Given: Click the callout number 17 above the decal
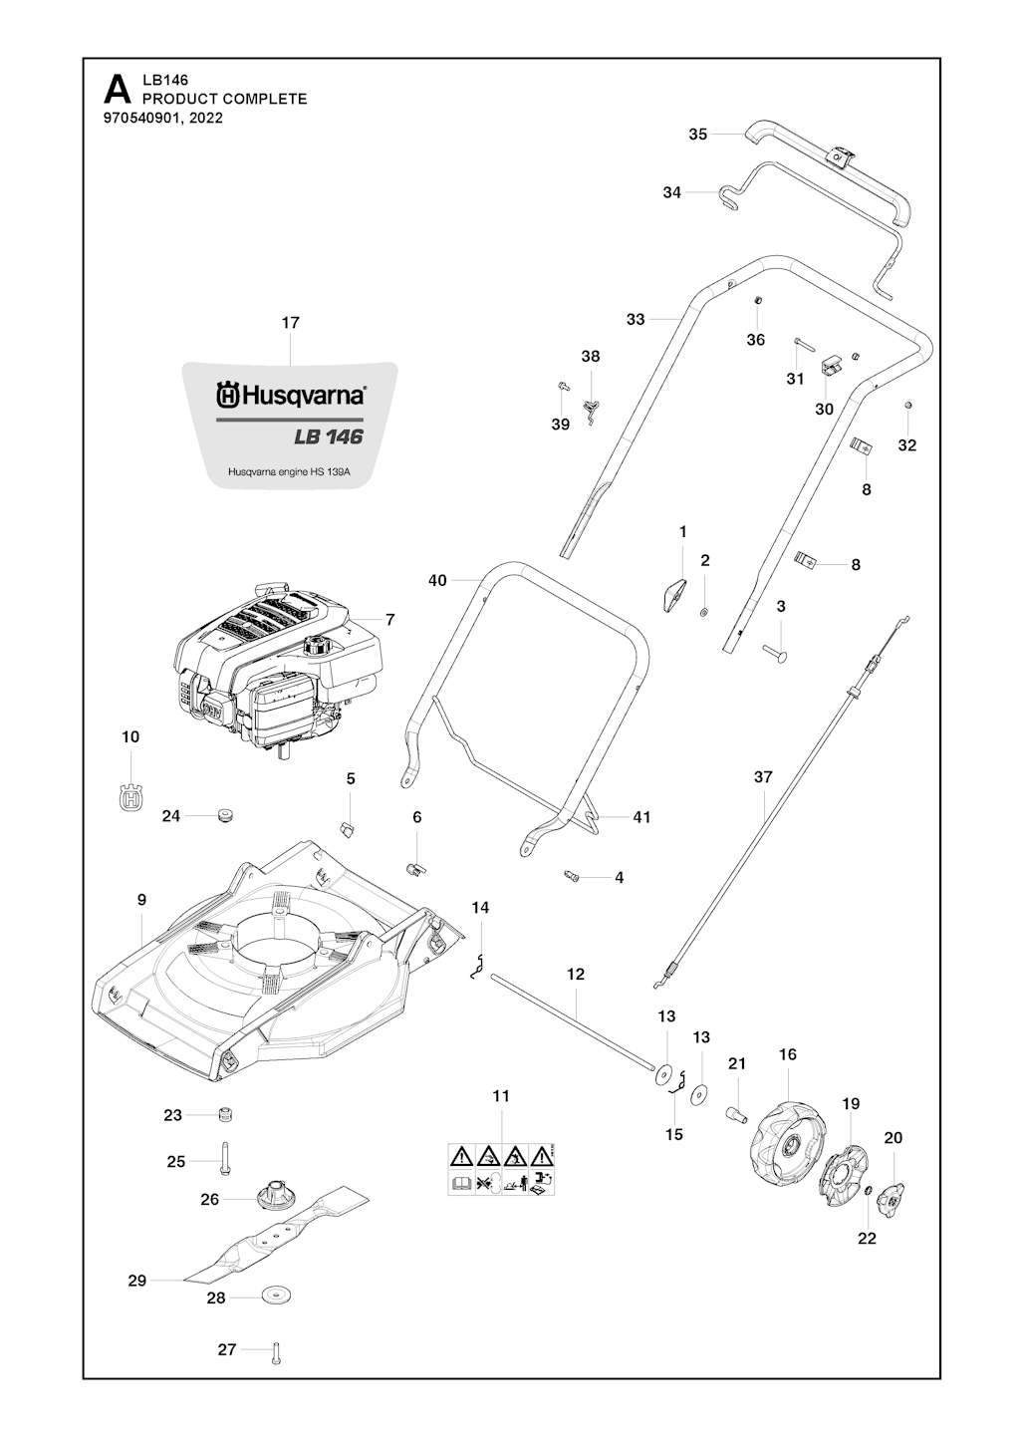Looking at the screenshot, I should click(290, 323).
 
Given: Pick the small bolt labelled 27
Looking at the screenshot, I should click(276, 1350).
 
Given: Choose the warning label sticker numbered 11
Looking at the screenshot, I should click(501, 1169).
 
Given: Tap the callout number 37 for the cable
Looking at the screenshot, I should click(763, 777).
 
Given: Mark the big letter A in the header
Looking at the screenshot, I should click(118, 92).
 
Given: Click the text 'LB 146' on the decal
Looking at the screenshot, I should click(328, 436).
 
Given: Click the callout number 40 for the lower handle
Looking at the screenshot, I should click(437, 580).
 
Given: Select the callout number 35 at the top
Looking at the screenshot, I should click(697, 134).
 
